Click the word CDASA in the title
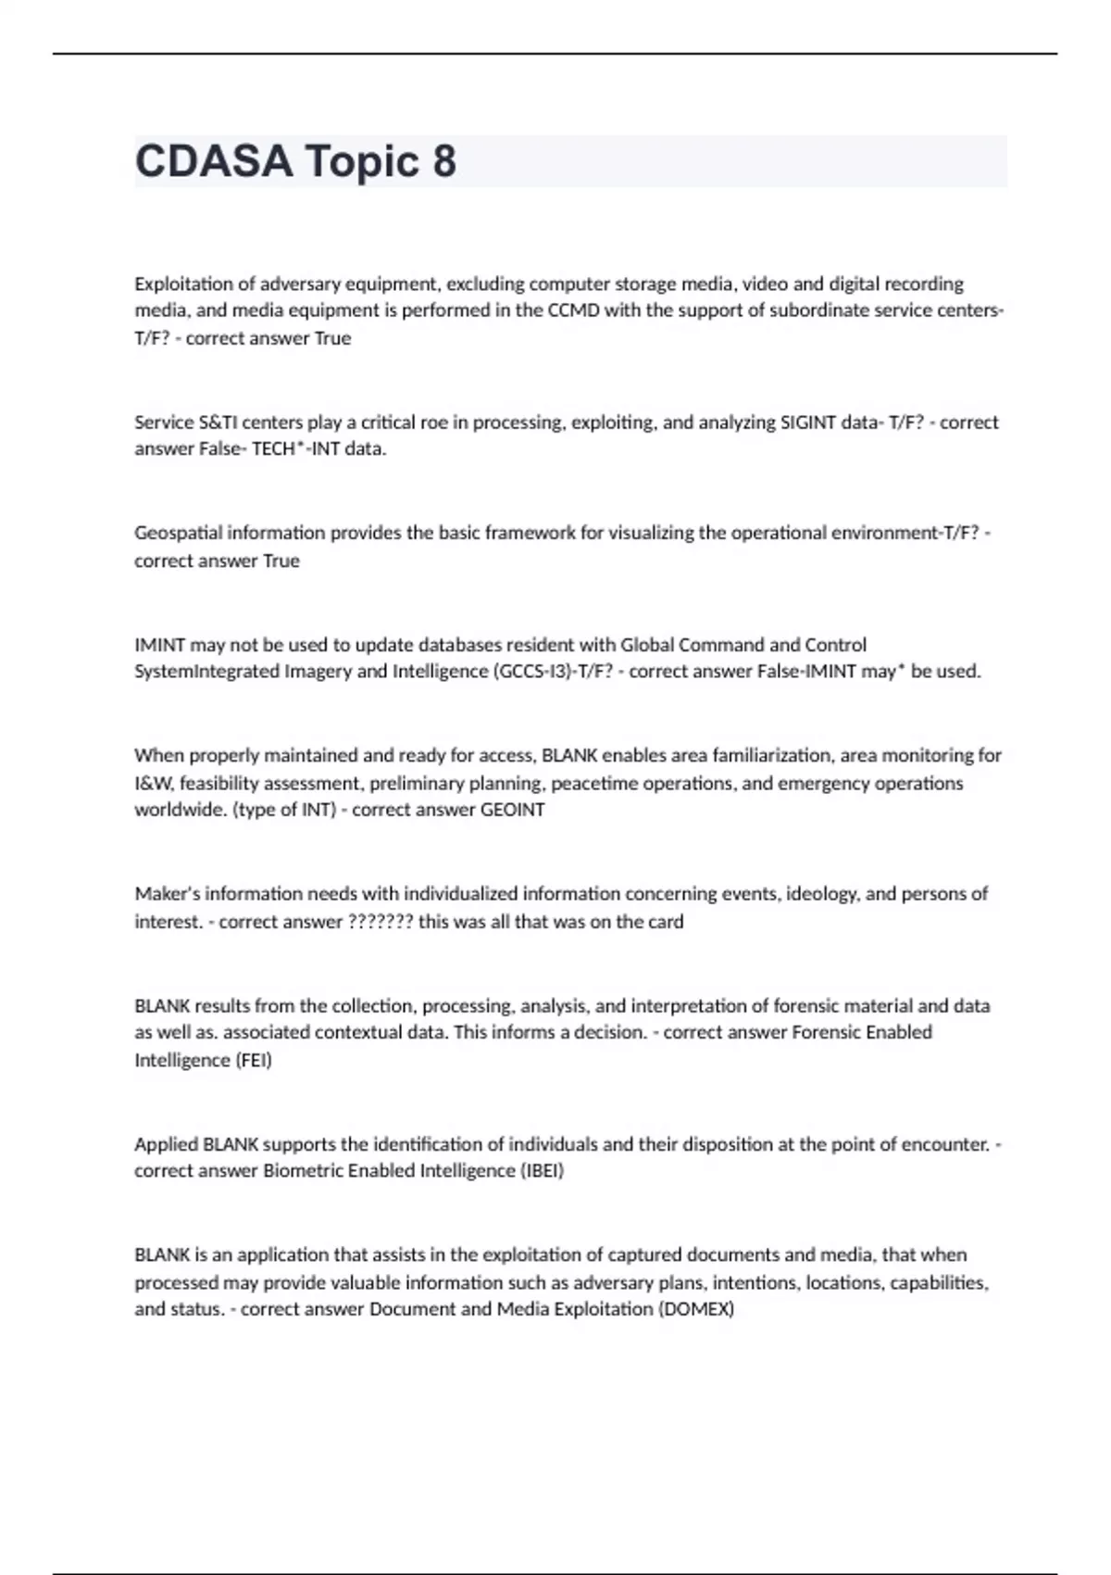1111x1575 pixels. pos(213,161)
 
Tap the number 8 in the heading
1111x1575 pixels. pos(443,161)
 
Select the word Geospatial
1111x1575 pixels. pos(179,534)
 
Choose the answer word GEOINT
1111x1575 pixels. pos(512,810)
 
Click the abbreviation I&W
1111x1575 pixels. pos(155,784)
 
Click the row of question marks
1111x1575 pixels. pos(380,922)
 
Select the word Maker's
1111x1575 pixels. pos(168,894)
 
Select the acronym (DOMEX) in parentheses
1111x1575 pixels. pos(695,1309)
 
